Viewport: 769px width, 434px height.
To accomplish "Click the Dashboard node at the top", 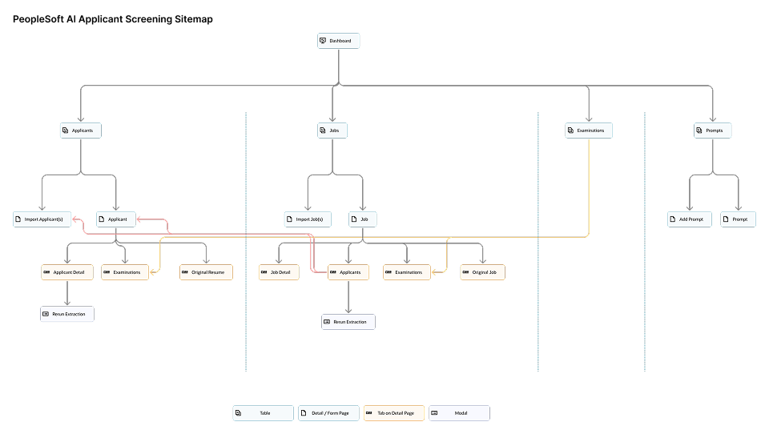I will [x=339, y=41].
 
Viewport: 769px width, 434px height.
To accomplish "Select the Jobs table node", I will [x=332, y=130].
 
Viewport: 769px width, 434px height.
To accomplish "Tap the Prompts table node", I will [x=713, y=130].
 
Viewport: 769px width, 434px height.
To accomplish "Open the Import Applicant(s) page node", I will [x=42, y=219].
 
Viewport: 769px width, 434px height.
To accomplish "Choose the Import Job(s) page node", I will [x=308, y=219].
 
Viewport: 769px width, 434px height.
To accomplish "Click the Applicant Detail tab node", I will [x=67, y=272].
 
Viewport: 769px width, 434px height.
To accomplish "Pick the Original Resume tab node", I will [x=207, y=272].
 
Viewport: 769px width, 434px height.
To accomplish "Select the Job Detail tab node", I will [x=279, y=272].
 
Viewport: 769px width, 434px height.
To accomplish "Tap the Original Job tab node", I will [x=483, y=272].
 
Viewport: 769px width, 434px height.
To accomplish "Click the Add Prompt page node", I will [x=690, y=219].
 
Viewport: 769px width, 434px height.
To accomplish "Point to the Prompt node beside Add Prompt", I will [x=738, y=219].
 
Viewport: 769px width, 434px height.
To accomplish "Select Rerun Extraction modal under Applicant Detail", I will [x=67, y=314].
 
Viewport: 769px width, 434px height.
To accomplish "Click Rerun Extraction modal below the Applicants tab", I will [x=348, y=322].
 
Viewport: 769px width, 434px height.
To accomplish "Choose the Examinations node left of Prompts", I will [x=589, y=130].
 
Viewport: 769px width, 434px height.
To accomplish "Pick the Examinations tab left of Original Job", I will [x=408, y=272].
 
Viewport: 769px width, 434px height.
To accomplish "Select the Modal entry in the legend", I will [x=459, y=413].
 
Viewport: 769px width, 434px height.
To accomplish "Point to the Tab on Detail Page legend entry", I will [x=393, y=413].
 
